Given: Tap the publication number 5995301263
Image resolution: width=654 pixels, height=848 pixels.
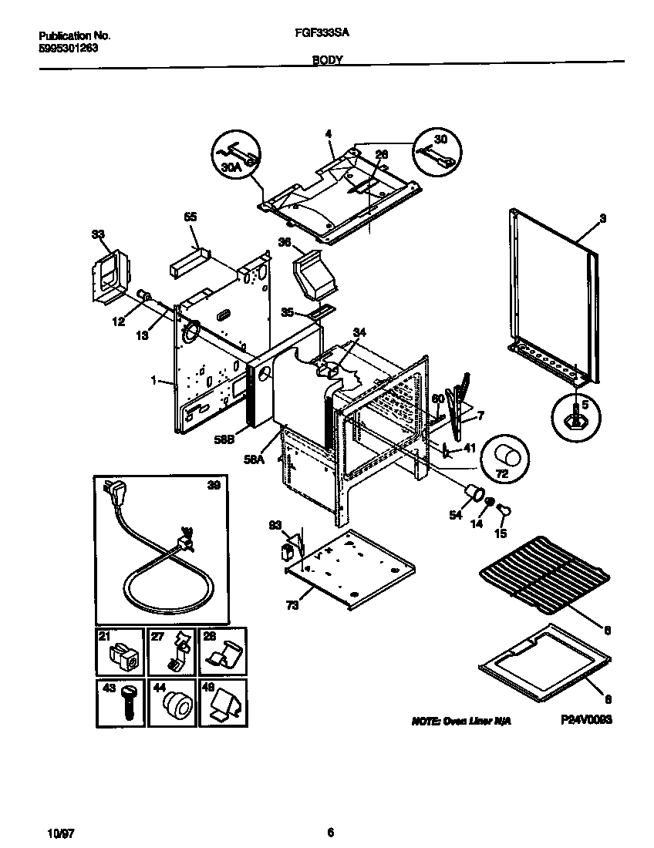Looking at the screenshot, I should (69, 47).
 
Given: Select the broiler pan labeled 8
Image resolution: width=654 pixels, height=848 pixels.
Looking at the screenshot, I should (544, 657).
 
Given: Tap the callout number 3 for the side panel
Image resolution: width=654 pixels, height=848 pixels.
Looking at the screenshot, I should (602, 219).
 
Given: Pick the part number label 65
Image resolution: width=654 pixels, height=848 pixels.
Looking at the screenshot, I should (190, 217).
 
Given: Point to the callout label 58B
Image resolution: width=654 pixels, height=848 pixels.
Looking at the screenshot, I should (224, 439).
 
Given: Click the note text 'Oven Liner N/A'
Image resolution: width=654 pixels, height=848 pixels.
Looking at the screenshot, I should (461, 720).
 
